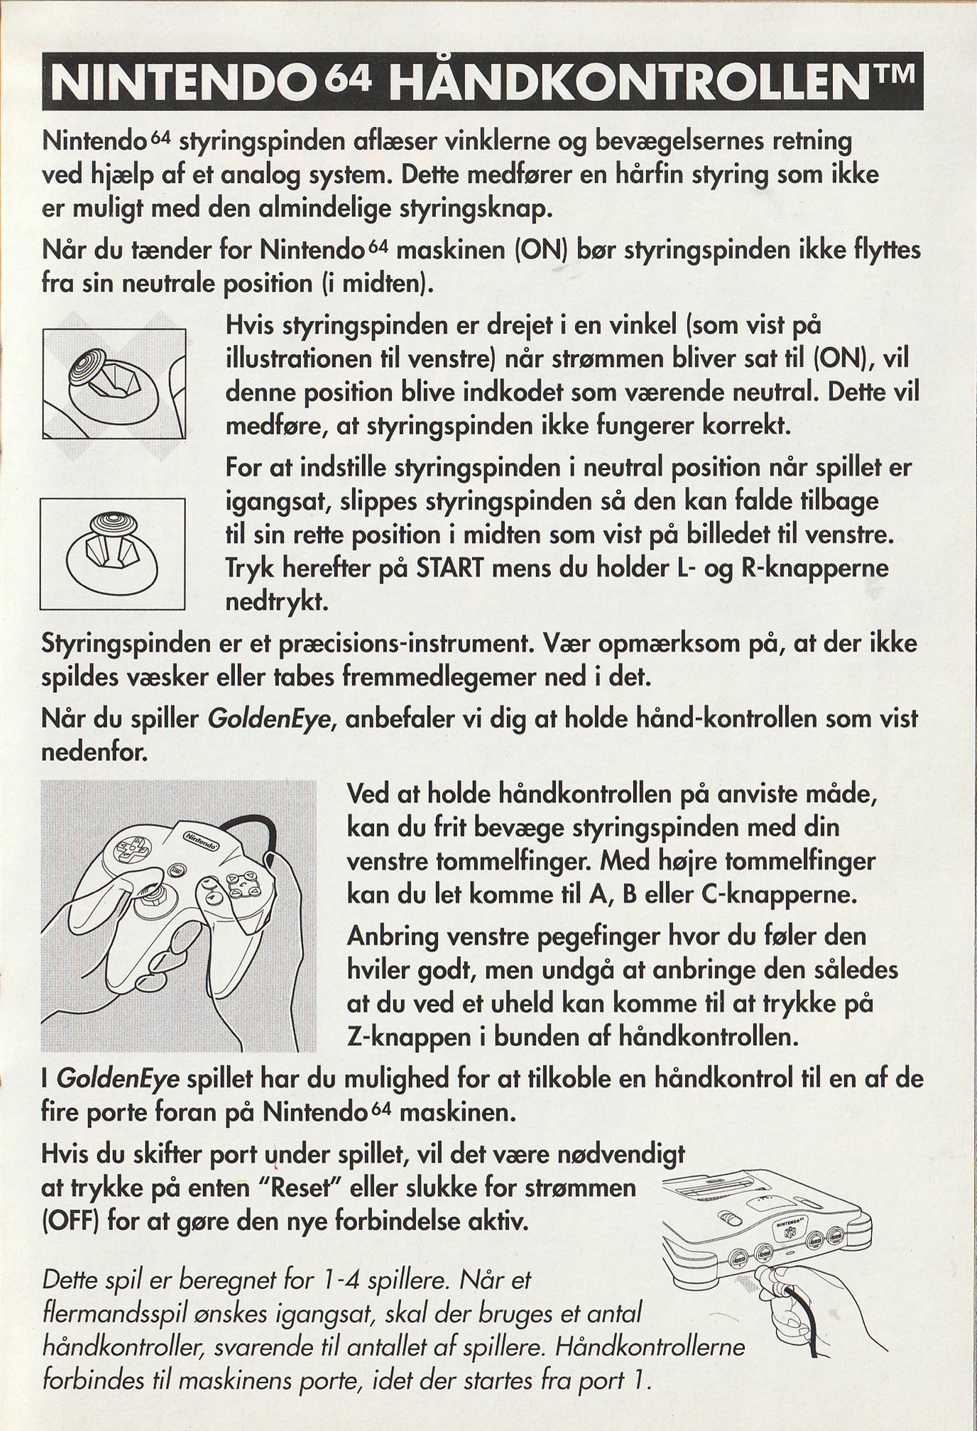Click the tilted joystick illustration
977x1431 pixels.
[x=113, y=383]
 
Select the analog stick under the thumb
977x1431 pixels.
[x=153, y=896]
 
